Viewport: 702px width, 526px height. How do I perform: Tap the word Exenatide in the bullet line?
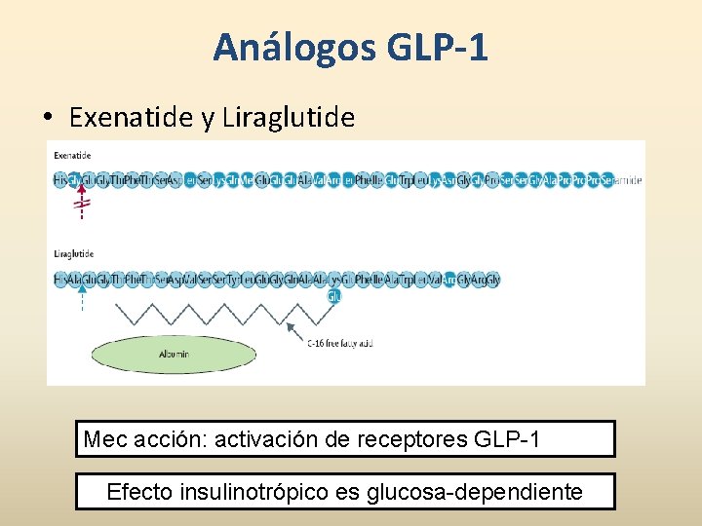pos(131,118)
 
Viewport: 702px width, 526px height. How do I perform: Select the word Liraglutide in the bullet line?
pos(289,118)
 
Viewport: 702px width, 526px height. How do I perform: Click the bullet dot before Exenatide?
pos(48,119)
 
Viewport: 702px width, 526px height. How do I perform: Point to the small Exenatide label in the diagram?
pos(72,155)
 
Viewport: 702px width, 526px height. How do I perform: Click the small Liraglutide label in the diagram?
pos(73,255)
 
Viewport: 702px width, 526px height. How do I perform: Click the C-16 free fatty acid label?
pos(340,343)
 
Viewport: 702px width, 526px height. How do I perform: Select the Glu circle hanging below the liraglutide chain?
pos(333,296)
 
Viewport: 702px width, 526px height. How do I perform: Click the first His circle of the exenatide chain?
pos(60,180)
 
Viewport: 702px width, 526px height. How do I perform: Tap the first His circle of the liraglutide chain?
pos(60,281)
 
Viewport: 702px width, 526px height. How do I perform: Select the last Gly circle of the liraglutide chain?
pos(493,281)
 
